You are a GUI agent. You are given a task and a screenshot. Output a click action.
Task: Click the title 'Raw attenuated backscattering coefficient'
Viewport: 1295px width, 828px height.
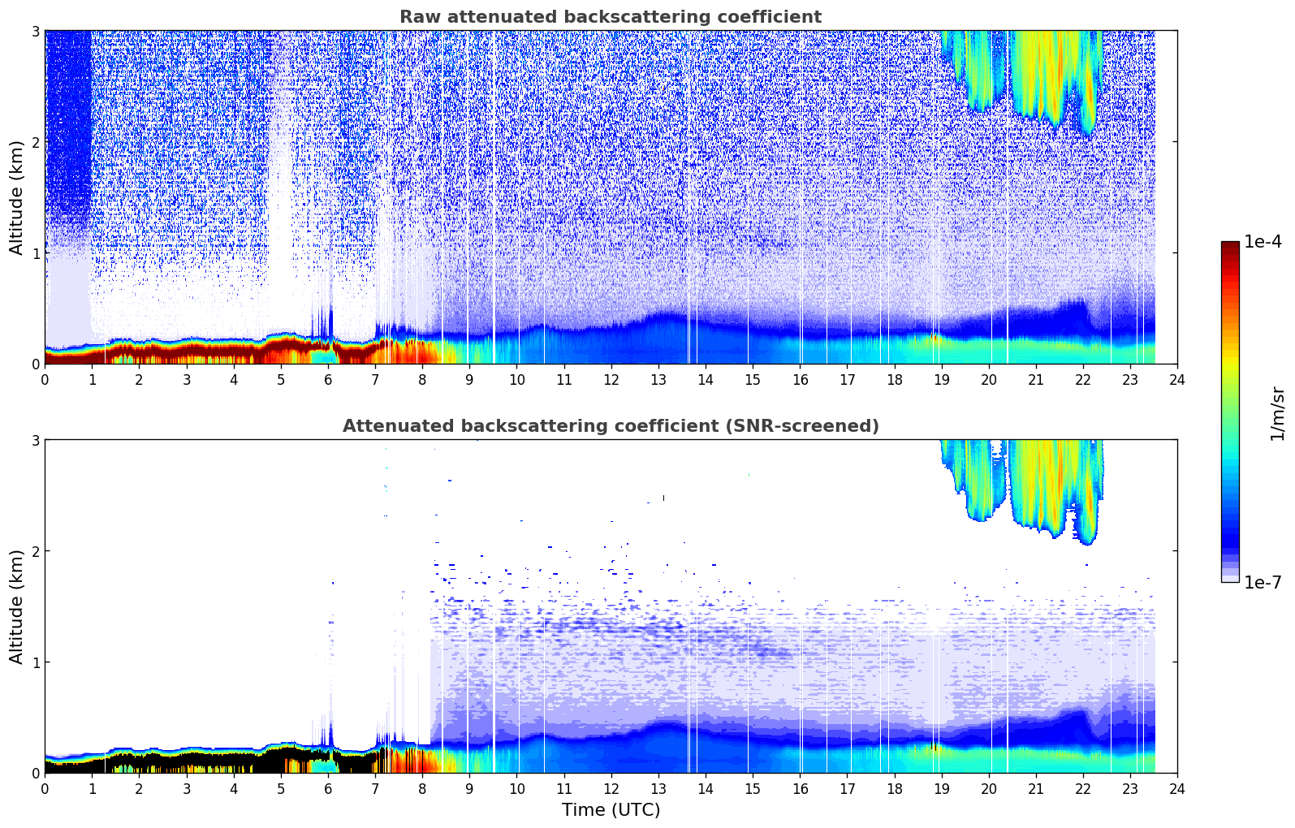click(x=610, y=17)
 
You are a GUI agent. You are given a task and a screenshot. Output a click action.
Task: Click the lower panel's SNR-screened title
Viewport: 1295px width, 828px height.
click(x=610, y=426)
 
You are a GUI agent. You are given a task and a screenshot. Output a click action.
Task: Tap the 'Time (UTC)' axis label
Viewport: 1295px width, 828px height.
click(x=611, y=809)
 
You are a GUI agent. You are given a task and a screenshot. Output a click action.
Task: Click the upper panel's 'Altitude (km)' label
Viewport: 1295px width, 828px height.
click(x=16, y=197)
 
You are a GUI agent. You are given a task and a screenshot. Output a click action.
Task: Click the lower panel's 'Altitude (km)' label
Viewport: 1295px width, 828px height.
click(x=16, y=606)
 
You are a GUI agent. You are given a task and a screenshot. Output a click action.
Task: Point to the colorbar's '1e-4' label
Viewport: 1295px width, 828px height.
click(x=1263, y=242)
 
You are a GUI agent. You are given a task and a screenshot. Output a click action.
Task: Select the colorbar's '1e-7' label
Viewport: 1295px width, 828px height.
click(x=1263, y=582)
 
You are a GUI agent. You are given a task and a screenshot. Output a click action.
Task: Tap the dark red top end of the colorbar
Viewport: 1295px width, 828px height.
click(x=1230, y=245)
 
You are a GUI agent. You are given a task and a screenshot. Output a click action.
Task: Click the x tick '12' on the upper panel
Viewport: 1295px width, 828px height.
click(x=611, y=379)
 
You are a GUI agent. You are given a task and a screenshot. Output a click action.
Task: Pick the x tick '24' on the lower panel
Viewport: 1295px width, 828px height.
click(x=1176, y=788)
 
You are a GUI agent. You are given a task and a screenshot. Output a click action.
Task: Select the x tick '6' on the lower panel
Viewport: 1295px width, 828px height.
click(x=328, y=788)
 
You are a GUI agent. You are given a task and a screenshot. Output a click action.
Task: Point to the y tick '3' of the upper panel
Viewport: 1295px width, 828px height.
click(x=36, y=32)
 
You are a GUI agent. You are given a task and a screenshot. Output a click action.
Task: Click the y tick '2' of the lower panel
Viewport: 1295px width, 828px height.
click(x=36, y=551)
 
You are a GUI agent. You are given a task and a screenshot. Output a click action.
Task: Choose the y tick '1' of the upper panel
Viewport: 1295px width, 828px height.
click(x=36, y=253)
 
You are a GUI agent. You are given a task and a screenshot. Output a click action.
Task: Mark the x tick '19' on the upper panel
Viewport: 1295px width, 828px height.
click(x=941, y=379)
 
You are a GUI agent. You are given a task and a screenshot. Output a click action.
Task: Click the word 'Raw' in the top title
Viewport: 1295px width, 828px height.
click(x=416, y=17)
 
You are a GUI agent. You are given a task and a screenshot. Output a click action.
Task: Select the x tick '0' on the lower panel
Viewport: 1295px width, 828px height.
click(x=45, y=788)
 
